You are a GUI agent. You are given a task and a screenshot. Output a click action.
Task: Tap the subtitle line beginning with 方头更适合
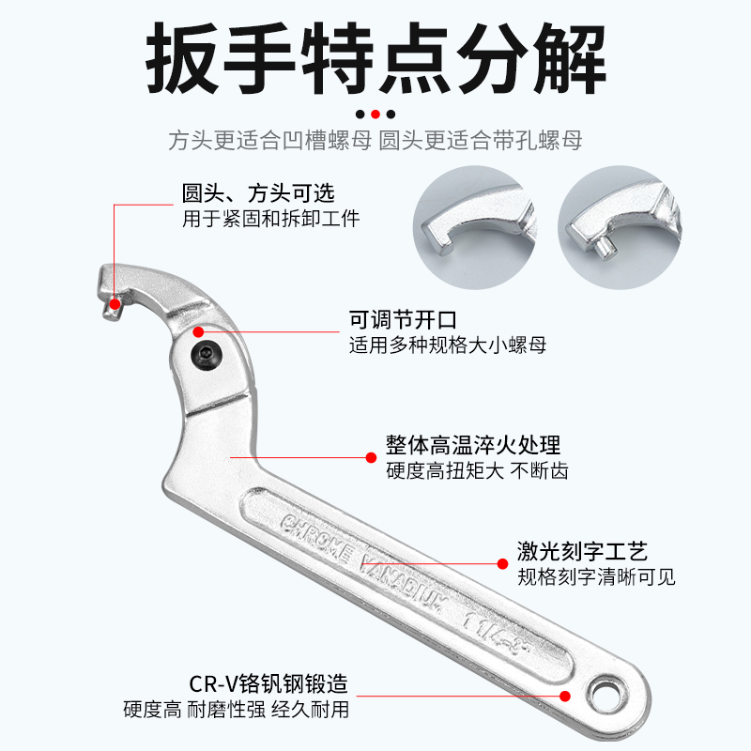[x=375, y=141]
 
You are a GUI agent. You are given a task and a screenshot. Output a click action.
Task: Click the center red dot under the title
[x=375, y=114]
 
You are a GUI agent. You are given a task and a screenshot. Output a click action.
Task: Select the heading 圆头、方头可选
[x=257, y=193]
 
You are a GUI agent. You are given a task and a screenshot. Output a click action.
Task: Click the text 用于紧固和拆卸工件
[x=270, y=219]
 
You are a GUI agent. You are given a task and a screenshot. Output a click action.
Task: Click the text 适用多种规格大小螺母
[x=447, y=345]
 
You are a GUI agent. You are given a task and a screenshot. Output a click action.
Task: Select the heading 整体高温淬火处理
[x=473, y=444]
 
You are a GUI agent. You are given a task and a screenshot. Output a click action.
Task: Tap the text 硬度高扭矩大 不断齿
[x=477, y=470]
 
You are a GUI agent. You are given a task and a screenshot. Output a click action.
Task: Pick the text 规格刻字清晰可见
[x=596, y=576]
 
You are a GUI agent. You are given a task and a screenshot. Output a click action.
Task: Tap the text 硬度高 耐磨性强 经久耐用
[x=236, y=710]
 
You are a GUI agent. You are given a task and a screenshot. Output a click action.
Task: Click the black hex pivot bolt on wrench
[x=207, y=356]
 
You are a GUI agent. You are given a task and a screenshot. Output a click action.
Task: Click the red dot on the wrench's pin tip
[x=115, y=302]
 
